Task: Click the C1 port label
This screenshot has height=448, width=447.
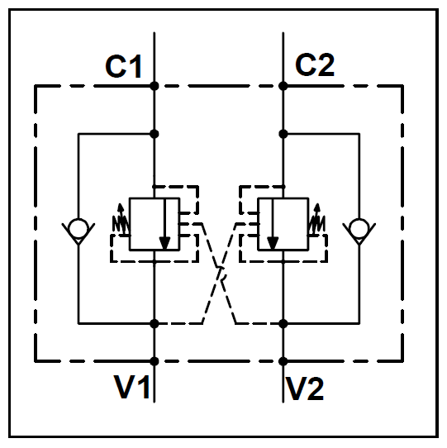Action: click(124, 66)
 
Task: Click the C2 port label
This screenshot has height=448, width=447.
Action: click(315, 65)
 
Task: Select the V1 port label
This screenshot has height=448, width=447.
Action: click(131, 387)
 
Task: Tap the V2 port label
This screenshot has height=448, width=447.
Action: click(305, 388)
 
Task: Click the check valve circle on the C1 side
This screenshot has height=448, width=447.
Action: click(78, 227)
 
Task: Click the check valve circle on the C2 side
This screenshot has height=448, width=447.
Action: click(359, 227)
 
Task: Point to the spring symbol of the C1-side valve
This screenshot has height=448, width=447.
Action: click(121, 221)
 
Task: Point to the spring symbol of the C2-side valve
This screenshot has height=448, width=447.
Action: click(316, 221)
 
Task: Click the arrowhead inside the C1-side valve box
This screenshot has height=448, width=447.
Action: click(164, 243)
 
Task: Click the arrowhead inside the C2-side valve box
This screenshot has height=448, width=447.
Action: click(273, 243)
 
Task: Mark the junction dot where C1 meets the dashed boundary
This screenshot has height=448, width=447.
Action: click(155, 86)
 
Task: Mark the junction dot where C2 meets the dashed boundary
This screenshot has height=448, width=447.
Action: click(283, 86)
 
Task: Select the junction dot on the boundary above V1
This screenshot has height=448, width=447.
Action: click(155, 361)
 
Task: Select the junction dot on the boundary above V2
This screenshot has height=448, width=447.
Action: click(283, 361)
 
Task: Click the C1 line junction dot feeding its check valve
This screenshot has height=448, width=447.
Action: click(155, 134)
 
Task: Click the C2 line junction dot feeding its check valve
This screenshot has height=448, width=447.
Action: click(283, 134)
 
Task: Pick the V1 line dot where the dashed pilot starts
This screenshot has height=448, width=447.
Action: click(155, 324)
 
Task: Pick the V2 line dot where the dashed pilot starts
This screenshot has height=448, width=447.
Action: click(283, 324)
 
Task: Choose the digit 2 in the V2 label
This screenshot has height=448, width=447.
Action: click(315, 388)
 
